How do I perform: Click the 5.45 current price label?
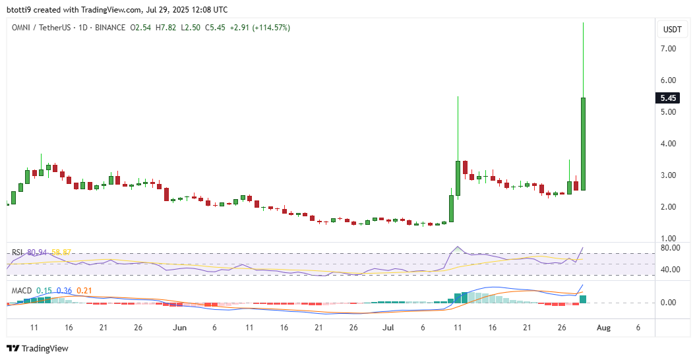tap(669, 98)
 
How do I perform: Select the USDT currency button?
tap(671, 30)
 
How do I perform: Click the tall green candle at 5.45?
tap(584, 144)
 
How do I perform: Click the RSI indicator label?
tap(18, 253)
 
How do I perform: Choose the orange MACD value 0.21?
tap(84, 291)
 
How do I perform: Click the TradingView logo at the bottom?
tap(38, 348)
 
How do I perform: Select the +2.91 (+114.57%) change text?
tap(259, 28)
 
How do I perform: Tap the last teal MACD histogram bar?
tap(584, 299)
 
